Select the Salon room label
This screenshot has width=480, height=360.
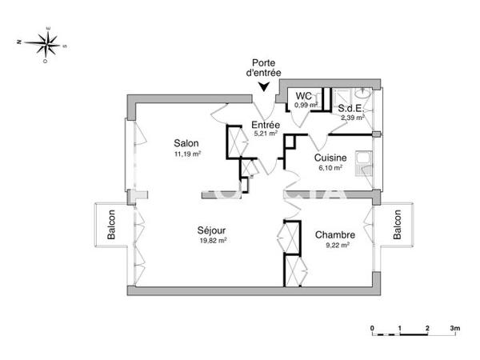[186, 143]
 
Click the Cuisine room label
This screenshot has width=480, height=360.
[330, 158]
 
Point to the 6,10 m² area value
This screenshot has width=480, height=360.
[330, 168]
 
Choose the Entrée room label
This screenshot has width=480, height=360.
[265, 125]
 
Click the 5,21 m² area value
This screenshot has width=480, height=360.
[265, 134]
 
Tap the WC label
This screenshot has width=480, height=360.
[303, 95]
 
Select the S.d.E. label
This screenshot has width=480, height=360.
[350, 107]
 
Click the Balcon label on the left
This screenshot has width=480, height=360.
[111, 226]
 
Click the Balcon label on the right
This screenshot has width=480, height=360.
[397, 226]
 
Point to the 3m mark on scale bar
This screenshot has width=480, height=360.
[455, 328]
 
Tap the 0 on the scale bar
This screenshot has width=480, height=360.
[372, 328]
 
